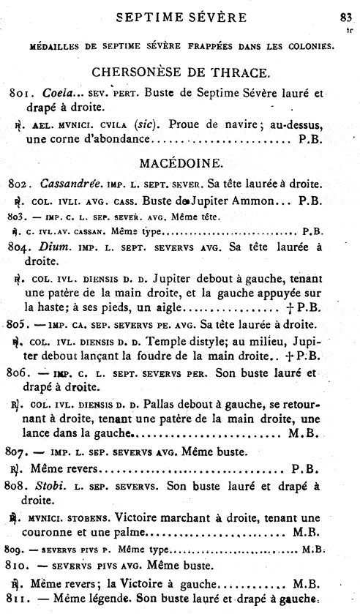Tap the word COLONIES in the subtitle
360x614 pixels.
307,48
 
